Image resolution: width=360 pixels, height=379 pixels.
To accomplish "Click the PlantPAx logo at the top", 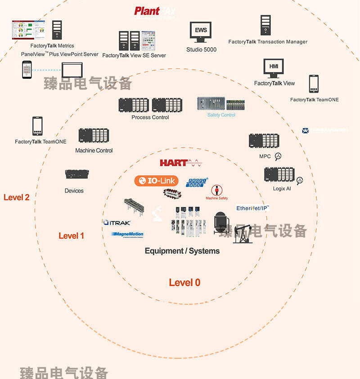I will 155,11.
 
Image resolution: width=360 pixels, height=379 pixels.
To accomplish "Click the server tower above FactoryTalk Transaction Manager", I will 265,26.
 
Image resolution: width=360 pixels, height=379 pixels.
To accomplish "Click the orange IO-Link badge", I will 157,181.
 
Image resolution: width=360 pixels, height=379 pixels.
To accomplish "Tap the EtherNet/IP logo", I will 252,208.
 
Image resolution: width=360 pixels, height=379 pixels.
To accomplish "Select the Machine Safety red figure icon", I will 217,190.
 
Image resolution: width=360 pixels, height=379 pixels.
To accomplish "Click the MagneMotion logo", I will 127,234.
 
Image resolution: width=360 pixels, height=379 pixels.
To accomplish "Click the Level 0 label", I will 184,283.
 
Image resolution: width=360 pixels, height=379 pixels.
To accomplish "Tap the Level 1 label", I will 71,235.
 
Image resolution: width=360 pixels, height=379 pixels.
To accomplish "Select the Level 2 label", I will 17,197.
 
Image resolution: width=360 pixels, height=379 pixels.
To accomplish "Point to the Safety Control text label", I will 221,115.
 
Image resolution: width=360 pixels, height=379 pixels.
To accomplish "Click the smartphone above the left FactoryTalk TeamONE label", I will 37,126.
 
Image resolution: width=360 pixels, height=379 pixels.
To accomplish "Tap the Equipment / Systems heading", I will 182,251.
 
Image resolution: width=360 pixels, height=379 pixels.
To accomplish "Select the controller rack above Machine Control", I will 94,136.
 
